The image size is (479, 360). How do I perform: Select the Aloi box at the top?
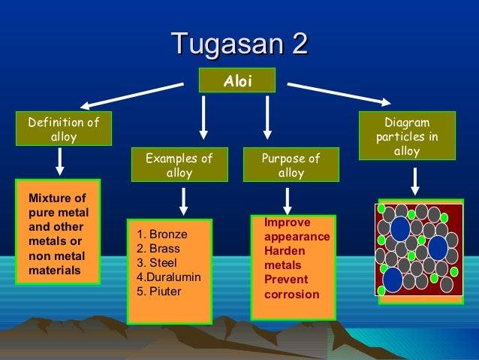(236, 80)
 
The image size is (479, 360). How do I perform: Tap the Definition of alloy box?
(63, 129)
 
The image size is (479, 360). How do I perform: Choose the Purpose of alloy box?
(291, 165)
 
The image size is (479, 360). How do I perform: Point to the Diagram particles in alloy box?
(407, 137)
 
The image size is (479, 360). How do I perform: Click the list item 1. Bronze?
(162, 234)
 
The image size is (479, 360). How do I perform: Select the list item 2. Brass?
(158, 248)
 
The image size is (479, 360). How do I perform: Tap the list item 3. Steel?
(157, 262)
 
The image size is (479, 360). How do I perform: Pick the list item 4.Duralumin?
(169, 277)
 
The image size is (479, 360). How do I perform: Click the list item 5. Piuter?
(159, 291)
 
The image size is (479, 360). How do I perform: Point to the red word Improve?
(287, 223)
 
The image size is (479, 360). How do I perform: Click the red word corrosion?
(291, 295)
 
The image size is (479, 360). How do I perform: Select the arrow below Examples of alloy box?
(182, 201)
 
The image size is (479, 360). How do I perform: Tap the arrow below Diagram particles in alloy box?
(414, 180)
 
